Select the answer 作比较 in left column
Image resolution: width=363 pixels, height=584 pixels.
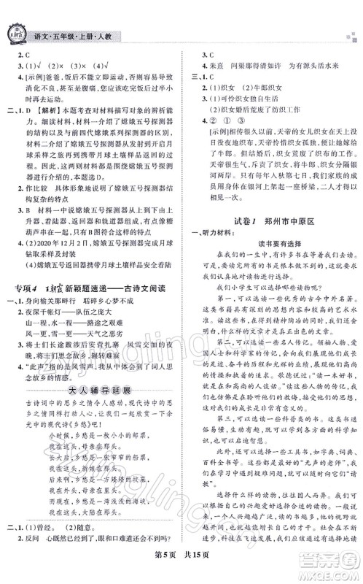pyautogui.click(x=41, y=185)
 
